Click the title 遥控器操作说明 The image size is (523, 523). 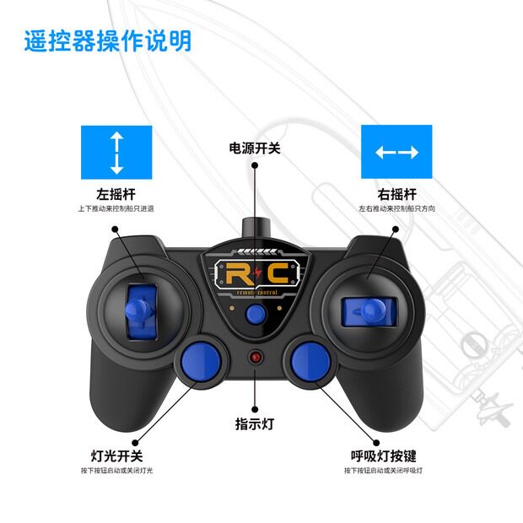tap(107, 40)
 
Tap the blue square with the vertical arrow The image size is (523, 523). tap(116, 152)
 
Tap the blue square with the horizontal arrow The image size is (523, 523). tap(396, 152)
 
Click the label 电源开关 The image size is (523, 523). tap(255, 148)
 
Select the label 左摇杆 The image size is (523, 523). tap(116, 193)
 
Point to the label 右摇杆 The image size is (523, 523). tap(396, 193)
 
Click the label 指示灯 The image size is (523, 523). tap(255, 423)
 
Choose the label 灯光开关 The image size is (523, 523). tap(116, 456)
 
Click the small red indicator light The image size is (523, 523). tap(255, 358)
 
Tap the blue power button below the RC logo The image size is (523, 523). tap(255, 314)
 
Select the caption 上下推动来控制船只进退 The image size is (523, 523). tap(116, 208)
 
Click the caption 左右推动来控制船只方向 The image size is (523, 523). tap(396, 208)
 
